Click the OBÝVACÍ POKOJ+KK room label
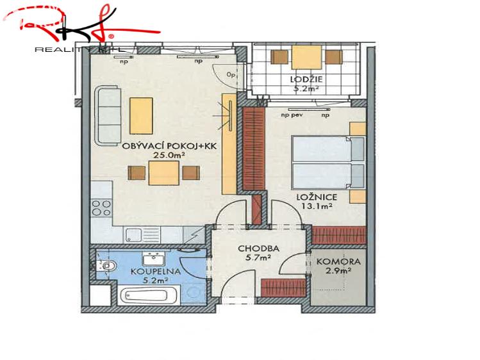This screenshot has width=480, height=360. coord(170,146)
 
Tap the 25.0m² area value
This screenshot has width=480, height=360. coord(170,155)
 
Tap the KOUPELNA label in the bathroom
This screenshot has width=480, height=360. coord(149,271)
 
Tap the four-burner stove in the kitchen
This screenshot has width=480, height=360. coord(101,208)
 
